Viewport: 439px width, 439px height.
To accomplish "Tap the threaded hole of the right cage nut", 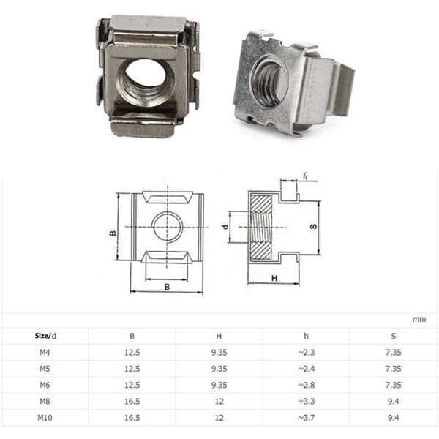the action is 269,80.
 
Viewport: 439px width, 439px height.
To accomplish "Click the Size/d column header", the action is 45,336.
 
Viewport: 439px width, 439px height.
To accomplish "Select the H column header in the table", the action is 219,336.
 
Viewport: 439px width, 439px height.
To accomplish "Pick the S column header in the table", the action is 394,336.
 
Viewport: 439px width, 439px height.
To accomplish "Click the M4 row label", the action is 45,352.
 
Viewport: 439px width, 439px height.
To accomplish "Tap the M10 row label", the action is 45,418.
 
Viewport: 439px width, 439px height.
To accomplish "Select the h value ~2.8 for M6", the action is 307,385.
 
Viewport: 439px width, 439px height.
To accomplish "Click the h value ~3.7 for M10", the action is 307,418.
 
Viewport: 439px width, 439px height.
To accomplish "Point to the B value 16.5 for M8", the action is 132,401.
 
